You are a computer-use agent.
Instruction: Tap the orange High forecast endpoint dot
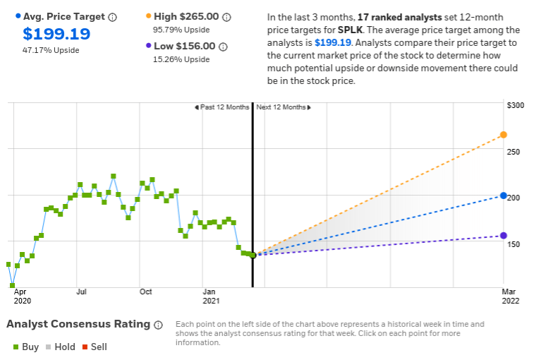click(503, 135)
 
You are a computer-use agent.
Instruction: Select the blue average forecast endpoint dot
click(503, 196)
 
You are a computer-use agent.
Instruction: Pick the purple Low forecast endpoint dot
click(503, 236)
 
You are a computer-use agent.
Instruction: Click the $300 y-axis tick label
click(515, 105)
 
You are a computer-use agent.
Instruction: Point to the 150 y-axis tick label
click(515, 244)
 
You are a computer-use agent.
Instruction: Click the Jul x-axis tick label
click(81, 291)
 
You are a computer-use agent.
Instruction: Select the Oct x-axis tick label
click(145, 291)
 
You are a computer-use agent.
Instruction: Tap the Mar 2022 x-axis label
click(509, 296)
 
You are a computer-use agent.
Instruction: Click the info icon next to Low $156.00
click(223, 47)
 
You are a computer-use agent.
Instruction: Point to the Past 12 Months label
click(222, 107)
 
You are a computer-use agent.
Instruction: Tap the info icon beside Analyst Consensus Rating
click(158, 325)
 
